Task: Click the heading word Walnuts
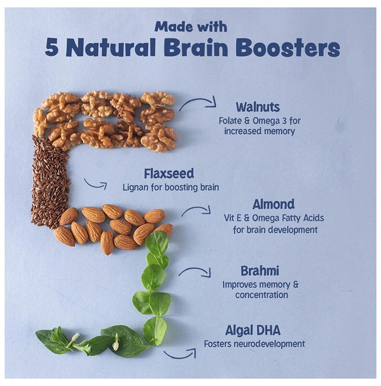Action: pyautogui.click(x=258, y=107)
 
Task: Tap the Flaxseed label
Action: pyautogui.click(x=169, y=174)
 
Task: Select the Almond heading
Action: pyautogui.click(x=273, y=204)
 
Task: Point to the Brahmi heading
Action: pyautogui.click(x=260, y=271)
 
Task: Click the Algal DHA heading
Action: pyautogui.click(x=253, y=330)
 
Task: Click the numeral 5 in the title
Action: pyautogui.click(x=52, y=47)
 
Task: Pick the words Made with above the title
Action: pyautogui.click(x=190, y=26)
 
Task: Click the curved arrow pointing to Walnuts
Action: pyautogui.click(x=197, y=100)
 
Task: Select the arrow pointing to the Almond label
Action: pyautogui.click(x=195, y=208)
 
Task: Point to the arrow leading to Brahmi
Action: pyautogui.click(x=195, y=270)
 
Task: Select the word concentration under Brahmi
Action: pyautogui.click(x=262, y=295)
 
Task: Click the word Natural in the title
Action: pyautogui.click(x=111, y=47)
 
